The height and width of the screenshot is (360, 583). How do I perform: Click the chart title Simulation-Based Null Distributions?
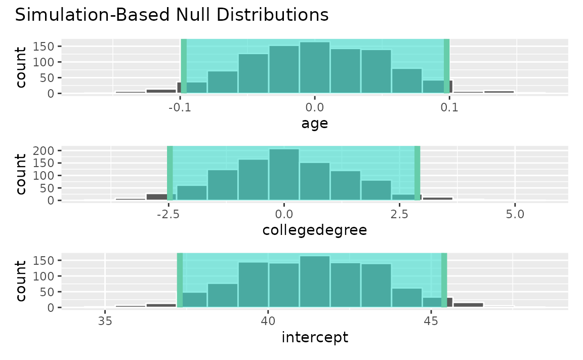[x=172, y=15]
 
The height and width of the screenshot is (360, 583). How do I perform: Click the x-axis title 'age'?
[x=314, y=123]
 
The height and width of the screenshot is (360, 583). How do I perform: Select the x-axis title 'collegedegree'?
[x=314, y=230]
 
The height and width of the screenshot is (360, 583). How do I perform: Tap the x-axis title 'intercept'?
[x=314, y=337]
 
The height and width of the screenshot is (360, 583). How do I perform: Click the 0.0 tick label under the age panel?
[x=314, y=108]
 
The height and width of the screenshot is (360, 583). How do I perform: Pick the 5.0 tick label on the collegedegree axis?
[x=515, y=215]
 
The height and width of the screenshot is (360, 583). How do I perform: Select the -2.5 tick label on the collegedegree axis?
[x=167, y=215]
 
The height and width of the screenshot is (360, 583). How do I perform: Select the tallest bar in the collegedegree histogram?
[x=284, y=175]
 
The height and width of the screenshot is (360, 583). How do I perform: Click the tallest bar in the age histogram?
[x=314, y=68]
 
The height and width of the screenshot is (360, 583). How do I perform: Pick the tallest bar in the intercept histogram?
[x=314, y=282]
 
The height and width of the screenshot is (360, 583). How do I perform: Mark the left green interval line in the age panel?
[x=184, y=66]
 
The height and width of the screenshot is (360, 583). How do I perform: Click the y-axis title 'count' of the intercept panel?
[x=21, y=281]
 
